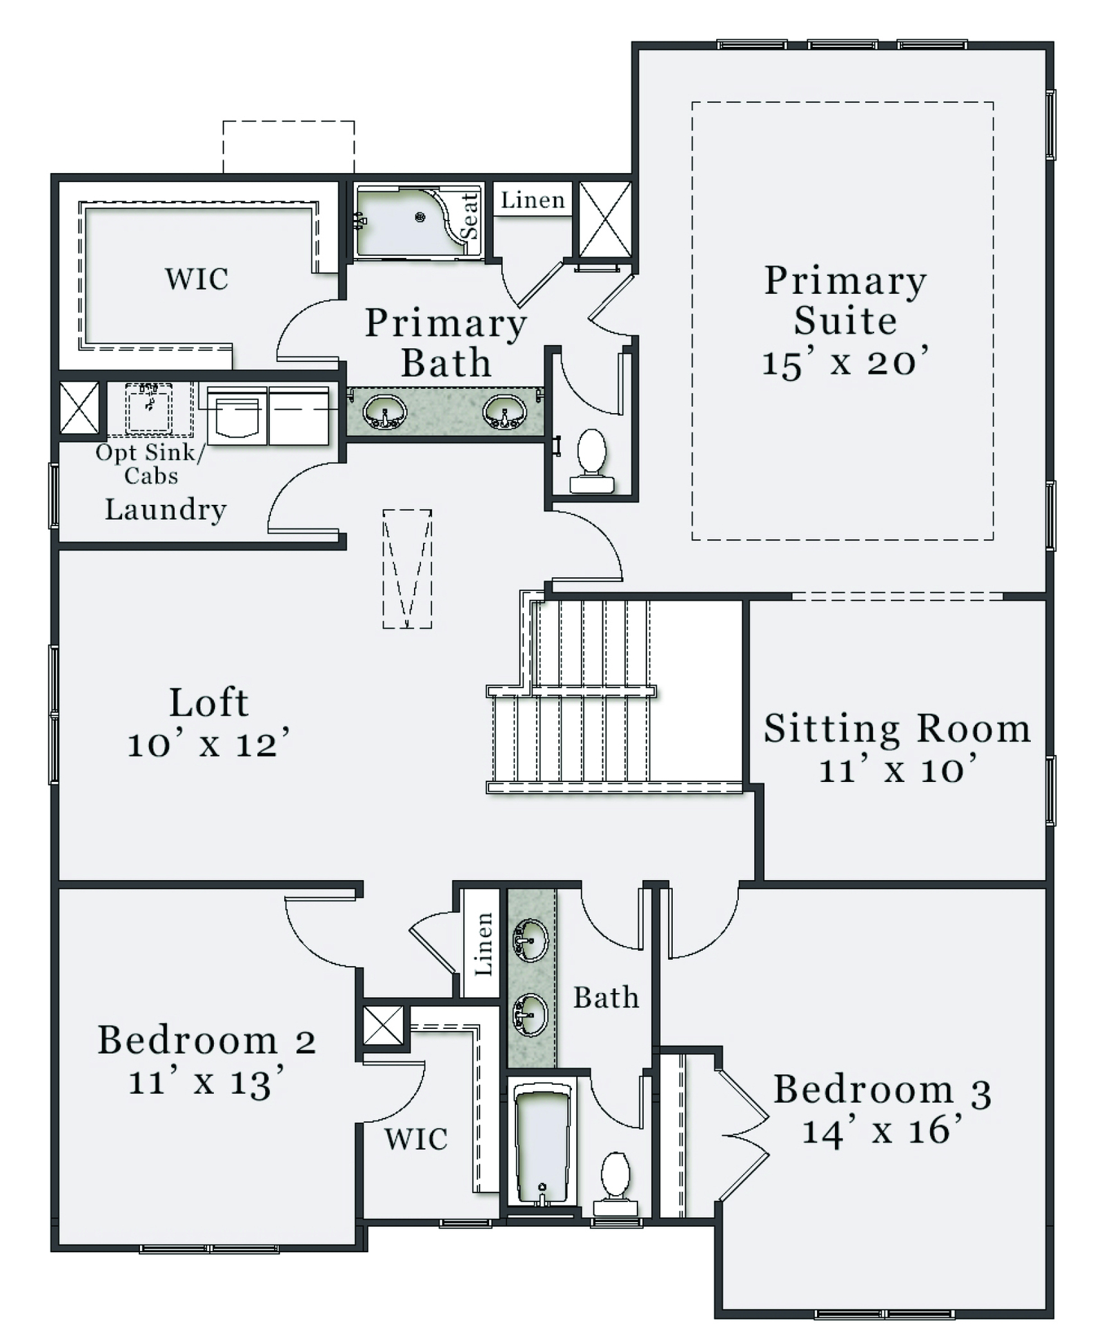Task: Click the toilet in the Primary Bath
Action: (x=591, y=461)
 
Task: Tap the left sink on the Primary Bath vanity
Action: (x=384, y=412)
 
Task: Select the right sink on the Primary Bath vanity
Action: (x=504, y=412)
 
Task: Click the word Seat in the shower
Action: (x=469, y=216)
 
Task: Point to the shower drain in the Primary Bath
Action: (x=420, y=217)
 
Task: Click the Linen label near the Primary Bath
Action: (x=533, y=200)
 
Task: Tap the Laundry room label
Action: (x=166, y=510)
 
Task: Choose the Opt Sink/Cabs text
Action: (x=150, y=464)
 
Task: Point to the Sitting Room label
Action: (x=897, y=728)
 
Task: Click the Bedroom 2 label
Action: (x=206, y=1040)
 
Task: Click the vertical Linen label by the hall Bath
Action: (x=484, y=944)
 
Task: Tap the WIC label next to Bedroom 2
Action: (x=416, y=1139)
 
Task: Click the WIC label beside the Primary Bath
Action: (x=197, y=279)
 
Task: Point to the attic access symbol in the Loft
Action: (x=407, y=569)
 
